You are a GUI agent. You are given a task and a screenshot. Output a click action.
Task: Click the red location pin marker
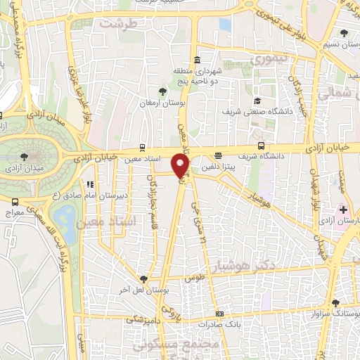click(181, 167)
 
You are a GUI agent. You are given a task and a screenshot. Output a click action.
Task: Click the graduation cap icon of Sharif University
click(257, 100)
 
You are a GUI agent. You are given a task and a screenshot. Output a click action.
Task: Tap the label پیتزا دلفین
click(230, 167)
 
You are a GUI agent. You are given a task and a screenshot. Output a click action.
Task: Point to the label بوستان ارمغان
click(162, 103)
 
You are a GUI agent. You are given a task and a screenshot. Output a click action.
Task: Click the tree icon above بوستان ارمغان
click(163, 91)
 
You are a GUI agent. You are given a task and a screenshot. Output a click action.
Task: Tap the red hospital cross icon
click(344, 209)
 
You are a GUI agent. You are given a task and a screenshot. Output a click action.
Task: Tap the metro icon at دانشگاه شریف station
click(262, 146)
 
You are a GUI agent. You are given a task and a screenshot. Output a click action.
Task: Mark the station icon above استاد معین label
click(144, 146)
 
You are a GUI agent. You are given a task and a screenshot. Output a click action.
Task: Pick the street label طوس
click(194, 278)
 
